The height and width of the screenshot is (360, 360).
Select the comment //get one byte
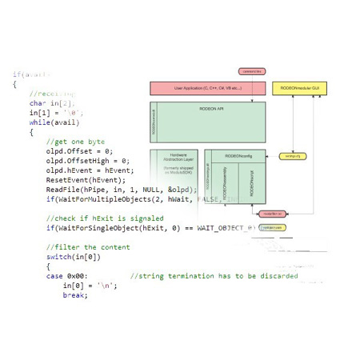click(75, 141)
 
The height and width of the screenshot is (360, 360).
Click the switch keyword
click(58, 257)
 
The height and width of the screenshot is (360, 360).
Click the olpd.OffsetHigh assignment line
click(88, 160)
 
